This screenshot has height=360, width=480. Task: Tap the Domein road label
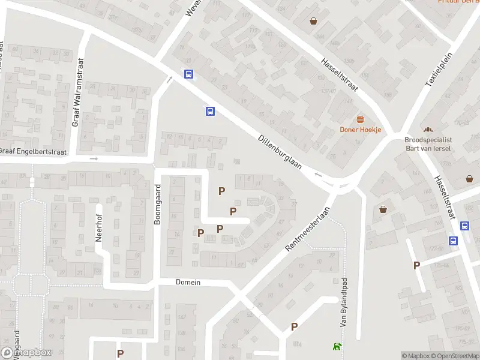(188, 282)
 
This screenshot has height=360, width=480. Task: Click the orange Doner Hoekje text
(361, 129)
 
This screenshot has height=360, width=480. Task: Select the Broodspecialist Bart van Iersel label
(428, 143)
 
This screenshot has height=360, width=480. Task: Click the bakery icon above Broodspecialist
(428, 129)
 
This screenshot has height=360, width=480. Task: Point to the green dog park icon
(337, 346)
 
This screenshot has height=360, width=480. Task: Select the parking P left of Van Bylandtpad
(294, 326)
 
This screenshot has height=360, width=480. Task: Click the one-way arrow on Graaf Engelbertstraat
(94, 158)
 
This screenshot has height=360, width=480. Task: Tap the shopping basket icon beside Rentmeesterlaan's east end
(383, 209)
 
